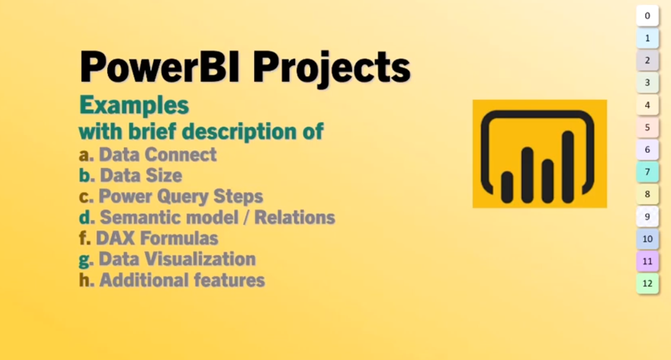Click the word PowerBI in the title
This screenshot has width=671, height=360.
pyautogui.click(x=160, y=67)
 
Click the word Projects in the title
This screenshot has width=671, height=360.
pyautogui.click(x=332, y=69)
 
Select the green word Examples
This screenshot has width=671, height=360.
pyautogui.click(x=134, y=105)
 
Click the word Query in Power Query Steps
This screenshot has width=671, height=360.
pyautogui.click(x=183, y=197)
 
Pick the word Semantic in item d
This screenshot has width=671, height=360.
pyautogui.click(x=140, y=217)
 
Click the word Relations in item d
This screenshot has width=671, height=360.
pyautogui.click(x=295, y=217)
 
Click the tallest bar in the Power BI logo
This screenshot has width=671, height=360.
pyautogui.click(x=568, y=167)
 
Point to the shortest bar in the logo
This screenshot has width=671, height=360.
pyautogui.click(x=507, y=187)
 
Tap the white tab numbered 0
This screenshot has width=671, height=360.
pyautogui.click(x=648, y=15)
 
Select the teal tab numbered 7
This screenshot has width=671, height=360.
pyautogui.click(x=648, y=172)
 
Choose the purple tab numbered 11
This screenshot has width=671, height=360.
pyautogui.click(x=648, y=261)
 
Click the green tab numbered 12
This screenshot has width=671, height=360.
pyautogui.click(x=648, y=283)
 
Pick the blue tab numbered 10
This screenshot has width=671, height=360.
pyautogui.click(x=648, y=239)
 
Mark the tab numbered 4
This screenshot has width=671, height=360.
pyautogui.click(x=648, y=105)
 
